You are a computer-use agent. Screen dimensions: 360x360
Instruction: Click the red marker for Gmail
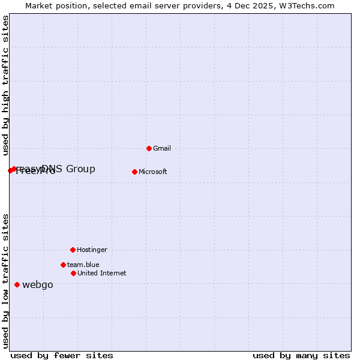[149, 148]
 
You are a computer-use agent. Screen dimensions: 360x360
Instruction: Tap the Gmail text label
[162, 148]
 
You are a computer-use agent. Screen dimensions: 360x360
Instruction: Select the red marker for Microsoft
[134, 172]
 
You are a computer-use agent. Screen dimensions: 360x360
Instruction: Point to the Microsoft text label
[152, 172]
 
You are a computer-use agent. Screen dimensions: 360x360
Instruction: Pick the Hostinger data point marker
[73, 250]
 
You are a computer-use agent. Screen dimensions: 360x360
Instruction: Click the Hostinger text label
[92, 250]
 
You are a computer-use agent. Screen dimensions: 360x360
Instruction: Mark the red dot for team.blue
[63, 265]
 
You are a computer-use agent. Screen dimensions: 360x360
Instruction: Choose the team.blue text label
[83, 265]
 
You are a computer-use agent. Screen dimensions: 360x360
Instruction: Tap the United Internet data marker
[73, 273]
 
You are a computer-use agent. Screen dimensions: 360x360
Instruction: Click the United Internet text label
[101, 273]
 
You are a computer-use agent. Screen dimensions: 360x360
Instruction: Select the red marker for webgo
[17, 284]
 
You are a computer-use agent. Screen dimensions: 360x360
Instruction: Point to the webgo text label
[37, 285]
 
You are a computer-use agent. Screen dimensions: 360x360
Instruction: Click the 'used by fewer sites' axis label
[62, 355]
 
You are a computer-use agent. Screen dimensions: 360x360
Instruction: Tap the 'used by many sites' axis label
[301, 355]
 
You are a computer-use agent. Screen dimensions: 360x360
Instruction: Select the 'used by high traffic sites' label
[5, 85]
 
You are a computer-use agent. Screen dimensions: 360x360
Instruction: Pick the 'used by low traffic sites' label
[5, 280]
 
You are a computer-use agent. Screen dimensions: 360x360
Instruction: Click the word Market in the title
[40, 5]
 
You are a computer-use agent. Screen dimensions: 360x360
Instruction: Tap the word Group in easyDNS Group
[80, 169]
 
